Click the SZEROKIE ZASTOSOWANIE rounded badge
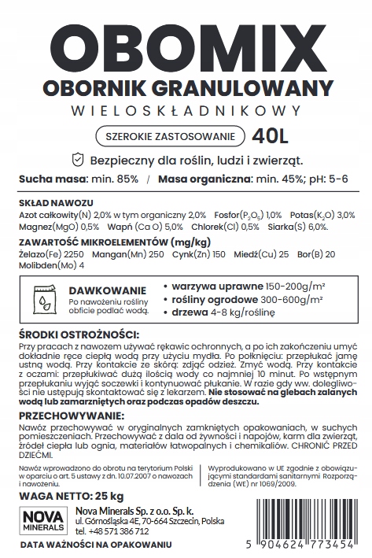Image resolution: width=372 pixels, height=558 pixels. (165, 135)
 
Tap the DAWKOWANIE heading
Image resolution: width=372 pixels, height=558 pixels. (98, 289)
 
